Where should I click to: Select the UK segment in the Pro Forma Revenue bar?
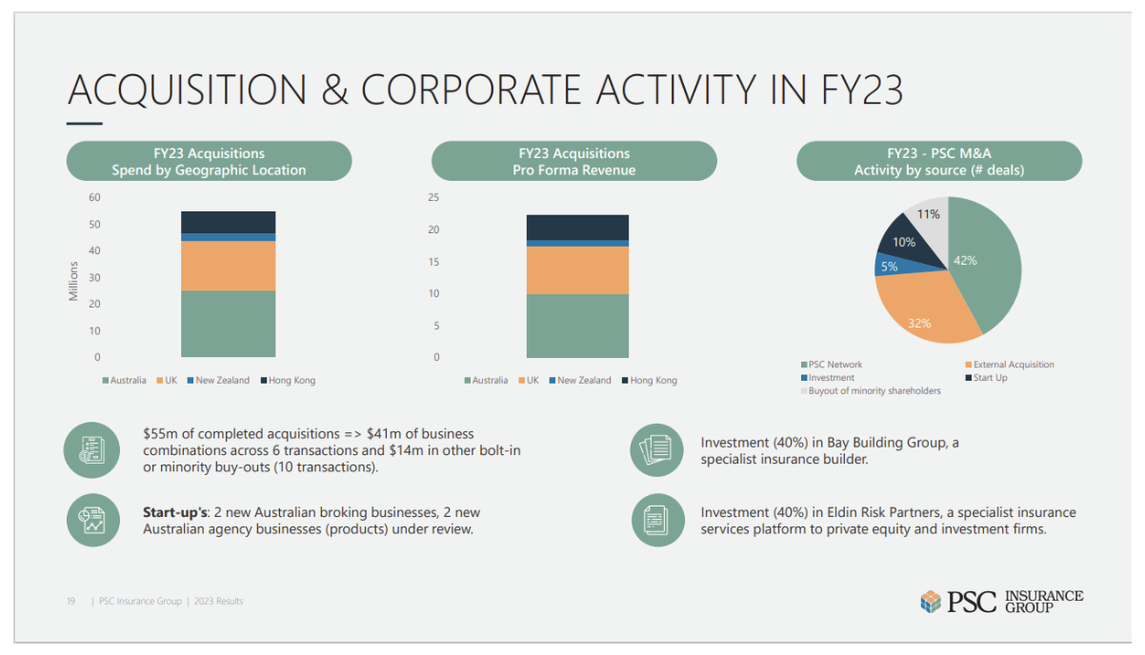(x=577, y=270)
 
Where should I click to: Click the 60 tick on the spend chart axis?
(x=95, y=198)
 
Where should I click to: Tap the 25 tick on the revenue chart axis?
(x=433, y=198)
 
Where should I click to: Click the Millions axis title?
(x=73, y=281)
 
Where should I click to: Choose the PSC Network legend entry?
(x=835, y=365)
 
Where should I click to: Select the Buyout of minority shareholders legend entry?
(x=874, y=391)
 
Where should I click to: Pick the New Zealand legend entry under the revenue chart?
(x=584, y=381)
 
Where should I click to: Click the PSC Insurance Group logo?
(x=1001, y=601)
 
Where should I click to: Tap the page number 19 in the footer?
(x=70, y=602)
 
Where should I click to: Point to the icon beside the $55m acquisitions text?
(x=91, y=450)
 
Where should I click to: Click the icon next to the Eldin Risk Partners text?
(x=657, y=519)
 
